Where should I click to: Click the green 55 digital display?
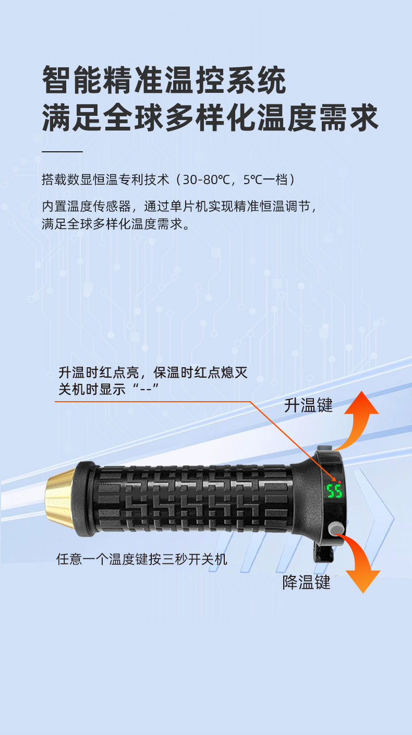(334, 491)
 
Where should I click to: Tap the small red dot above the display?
(339, 482)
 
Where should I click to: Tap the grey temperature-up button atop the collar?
(325, 448)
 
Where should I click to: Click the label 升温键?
(308, 405)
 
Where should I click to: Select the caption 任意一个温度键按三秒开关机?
(142, 559)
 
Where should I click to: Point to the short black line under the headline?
(63, 152)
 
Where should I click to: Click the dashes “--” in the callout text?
(146, 390)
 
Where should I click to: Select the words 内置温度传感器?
(87, 207)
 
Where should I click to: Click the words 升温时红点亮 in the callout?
(99, 372)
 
